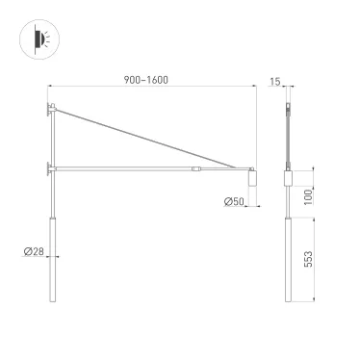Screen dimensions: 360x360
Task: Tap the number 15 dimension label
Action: [x=276, y=82]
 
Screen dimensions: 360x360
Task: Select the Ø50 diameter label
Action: [x=234, y=201]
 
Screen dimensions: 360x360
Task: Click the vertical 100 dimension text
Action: [x=307, y=195]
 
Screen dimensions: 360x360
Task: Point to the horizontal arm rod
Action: [x=125, y=169]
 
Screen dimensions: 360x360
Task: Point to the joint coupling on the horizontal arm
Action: [x=196, y=169]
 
